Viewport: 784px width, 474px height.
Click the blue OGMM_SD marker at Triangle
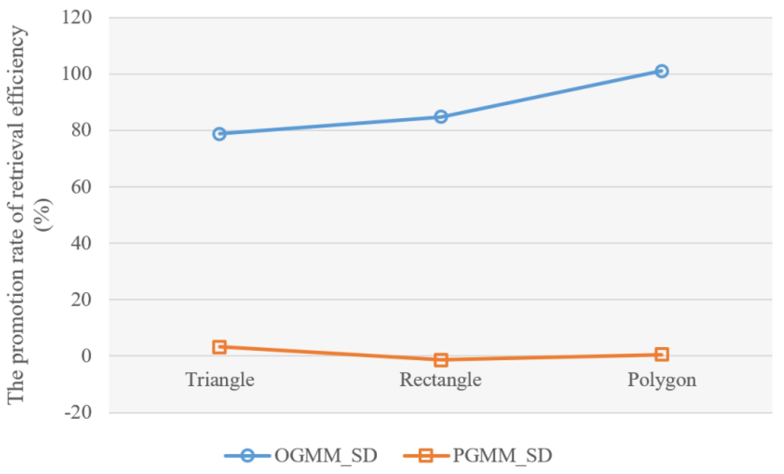(x=219, y=134)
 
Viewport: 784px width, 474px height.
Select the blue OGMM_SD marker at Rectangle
(x=441, y=117)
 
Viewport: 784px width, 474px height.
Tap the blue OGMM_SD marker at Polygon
(x=661, y=71)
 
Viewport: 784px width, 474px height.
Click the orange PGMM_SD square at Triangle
(x=219, y=347)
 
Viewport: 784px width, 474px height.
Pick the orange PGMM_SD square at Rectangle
(x=441, y=360)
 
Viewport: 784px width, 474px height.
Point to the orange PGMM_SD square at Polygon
(x=661, y=354)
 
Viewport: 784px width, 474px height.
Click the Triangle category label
(x=220, y=379)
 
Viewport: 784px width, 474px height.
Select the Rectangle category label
(x=440, y=379)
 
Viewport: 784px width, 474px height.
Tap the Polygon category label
(x=661, y=379)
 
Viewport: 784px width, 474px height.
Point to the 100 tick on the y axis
(x=77, y=74)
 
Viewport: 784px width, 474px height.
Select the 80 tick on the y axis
(x=81, y=130)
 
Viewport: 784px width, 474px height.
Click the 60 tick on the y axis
(x=81, y=187)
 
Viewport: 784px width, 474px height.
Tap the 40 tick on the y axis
(x=81, y=243)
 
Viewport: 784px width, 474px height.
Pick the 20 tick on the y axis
(x=81, y=299)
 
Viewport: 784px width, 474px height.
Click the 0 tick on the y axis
(x=86, y=356)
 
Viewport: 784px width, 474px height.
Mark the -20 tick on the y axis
(x=78, y=412)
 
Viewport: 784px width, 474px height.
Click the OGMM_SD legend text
(x=326, y=455)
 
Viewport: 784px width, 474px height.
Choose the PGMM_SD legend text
(x=502, y=455)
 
